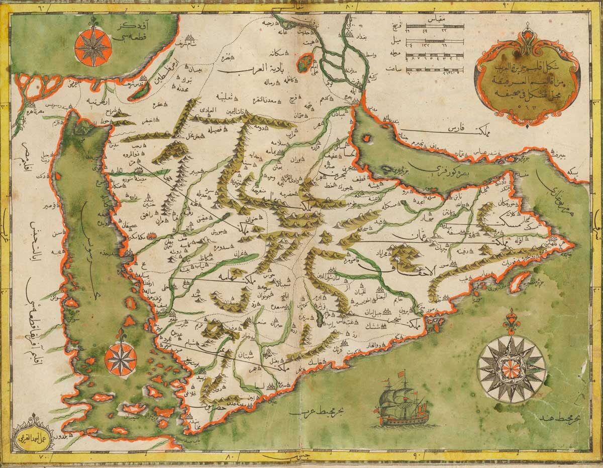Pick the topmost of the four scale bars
(x=438, y=27)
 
